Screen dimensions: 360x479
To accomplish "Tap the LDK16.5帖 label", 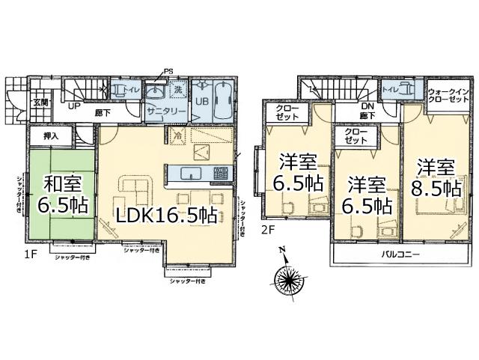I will coord(165,216).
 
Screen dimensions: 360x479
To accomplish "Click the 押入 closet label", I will coord(52,137).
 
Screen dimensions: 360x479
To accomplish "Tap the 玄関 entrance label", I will coord(40,103).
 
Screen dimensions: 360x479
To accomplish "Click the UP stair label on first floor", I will coord(75,107).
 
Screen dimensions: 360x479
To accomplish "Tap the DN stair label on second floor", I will coord(367,106).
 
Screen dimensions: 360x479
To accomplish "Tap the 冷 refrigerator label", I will coord(178,138).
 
